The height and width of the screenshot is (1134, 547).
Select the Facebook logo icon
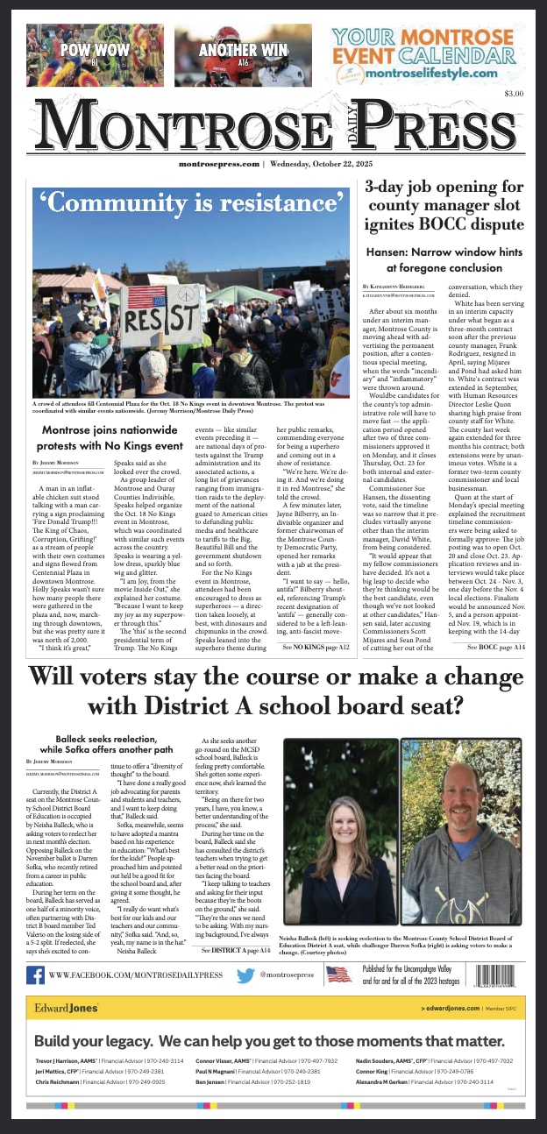36,975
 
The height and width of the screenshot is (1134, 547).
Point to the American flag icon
338,975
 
